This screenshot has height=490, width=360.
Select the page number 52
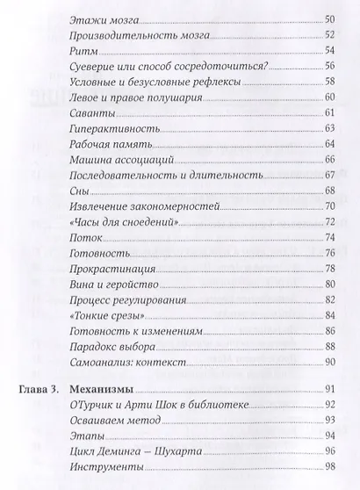tap(331, 37)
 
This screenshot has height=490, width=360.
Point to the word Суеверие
tap(92, 69)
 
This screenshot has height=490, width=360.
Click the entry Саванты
tap(90, 112)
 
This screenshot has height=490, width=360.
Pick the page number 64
tap(331, 145)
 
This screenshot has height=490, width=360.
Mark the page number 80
tap(331, 285)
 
